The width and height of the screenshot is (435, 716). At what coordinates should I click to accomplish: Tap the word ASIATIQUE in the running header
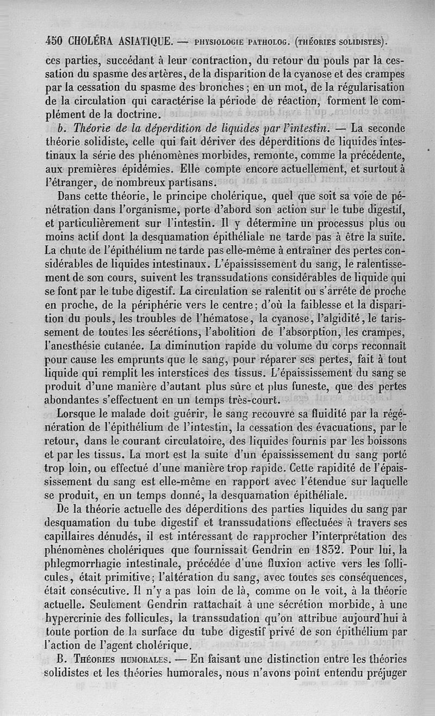coord(145,40)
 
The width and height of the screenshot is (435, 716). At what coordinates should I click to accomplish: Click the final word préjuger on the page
coord(386,671)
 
